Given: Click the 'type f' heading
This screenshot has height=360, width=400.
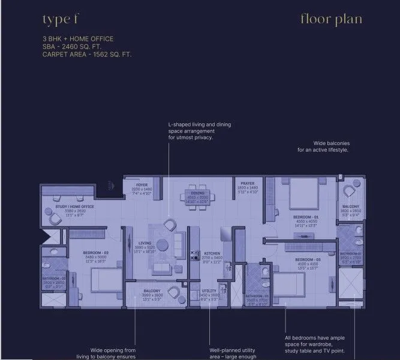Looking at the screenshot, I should coord(61,20).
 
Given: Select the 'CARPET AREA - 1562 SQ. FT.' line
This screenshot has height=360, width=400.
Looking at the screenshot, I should coord(87,54).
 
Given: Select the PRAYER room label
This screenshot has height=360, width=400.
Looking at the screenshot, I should coord(248,184).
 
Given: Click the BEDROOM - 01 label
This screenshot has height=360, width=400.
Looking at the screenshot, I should coord(306,216).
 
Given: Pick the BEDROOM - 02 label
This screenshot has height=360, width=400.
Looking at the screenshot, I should coord(95,252).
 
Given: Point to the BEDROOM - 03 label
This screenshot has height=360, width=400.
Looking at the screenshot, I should coord(308,259).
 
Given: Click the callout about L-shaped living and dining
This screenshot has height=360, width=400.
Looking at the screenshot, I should coord(199,131).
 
